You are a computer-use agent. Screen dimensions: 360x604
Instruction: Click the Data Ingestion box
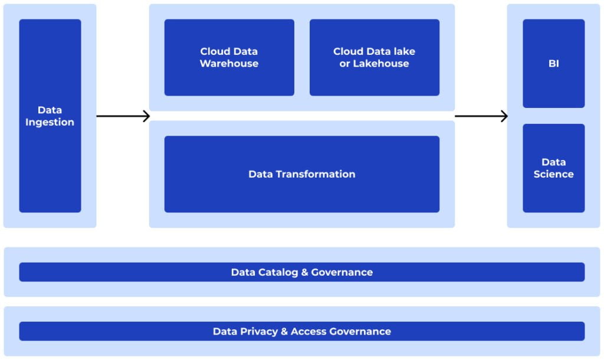50,116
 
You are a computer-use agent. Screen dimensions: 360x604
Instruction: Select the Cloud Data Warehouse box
229,57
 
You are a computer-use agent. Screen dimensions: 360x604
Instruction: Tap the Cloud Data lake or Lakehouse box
374,57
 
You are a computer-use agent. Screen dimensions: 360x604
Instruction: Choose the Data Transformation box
301,174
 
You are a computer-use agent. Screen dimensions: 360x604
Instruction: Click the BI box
553,64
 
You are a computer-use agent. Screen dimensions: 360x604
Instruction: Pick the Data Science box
553,168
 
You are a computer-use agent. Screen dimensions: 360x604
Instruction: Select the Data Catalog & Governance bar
301,272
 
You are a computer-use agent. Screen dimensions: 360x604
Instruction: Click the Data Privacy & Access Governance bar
301,331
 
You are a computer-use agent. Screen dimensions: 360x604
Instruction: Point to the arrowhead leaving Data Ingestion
146,116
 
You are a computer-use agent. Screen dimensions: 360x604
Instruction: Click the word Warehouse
229,64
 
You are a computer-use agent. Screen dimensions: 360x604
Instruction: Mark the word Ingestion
50,122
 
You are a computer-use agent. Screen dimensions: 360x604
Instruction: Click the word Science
553,174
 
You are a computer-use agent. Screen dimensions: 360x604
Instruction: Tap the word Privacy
257,331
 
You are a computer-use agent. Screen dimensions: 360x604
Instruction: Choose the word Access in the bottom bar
308,331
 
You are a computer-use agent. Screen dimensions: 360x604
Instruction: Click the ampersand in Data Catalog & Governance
305,272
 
